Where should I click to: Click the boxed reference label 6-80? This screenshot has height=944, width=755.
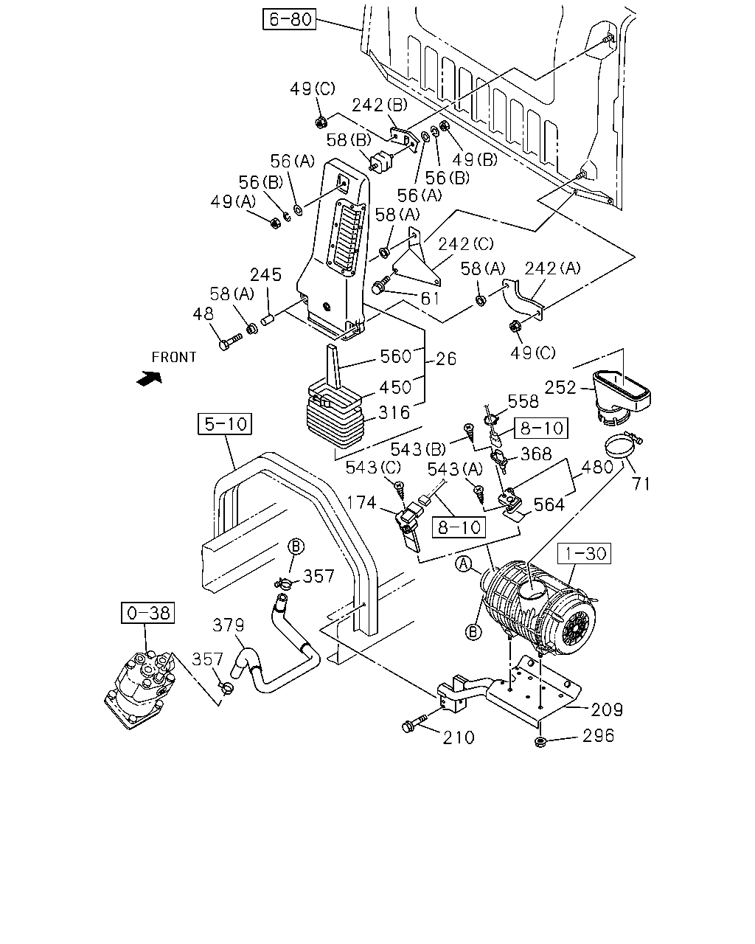point(289,19)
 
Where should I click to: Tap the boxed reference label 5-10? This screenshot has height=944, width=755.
point(225,423)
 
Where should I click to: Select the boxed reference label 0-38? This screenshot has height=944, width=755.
point(148,612)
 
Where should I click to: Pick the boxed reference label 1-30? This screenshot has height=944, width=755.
point(584,553)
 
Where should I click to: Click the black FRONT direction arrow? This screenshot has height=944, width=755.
point(149,378)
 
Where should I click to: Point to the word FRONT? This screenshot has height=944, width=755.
point(174,358)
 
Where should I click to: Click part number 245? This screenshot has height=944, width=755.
point(265,275)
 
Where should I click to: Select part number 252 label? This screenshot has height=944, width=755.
point(560,387)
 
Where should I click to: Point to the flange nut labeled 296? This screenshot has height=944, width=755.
point(540,742)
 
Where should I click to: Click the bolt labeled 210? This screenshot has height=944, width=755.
point(414,723)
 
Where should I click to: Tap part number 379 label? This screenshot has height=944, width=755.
point(228,625)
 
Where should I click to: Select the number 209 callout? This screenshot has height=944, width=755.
point(607,709)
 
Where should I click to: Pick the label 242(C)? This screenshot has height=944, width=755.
point(466,244)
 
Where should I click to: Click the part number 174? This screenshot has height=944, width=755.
point(361,502)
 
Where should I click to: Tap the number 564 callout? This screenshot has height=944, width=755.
point(549,505)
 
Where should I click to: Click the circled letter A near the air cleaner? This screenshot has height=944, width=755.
point(464,563)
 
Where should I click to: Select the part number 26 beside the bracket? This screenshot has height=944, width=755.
point(447,359)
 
